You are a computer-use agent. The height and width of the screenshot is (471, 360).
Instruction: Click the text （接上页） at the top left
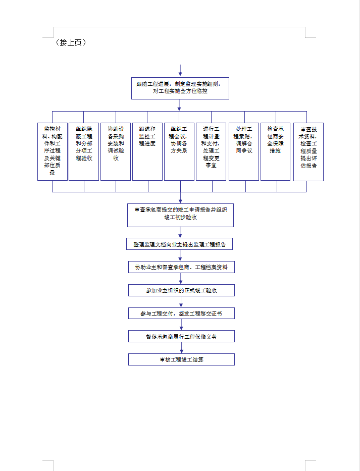click(x=71, y=43)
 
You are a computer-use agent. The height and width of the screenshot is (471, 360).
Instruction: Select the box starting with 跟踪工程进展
click(x=180, y=88)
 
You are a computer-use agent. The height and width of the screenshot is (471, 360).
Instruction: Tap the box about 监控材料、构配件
click(x=52, y=151)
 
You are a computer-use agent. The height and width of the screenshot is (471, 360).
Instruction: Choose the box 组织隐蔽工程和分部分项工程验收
click(x=84, y=151)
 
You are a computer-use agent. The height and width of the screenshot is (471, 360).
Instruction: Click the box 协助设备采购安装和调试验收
click(x=116, y=151)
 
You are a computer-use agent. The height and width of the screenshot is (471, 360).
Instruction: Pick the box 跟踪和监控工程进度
click(x=147, y=151)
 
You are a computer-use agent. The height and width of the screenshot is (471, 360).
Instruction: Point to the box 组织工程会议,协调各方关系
click(x=179, y=151)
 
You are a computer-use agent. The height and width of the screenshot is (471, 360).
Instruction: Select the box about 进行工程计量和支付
click(x=211, y=151)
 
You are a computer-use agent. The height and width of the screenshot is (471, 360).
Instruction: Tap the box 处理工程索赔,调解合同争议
click(x=244, y=151)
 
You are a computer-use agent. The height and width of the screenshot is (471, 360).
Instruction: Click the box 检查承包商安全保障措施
click(x=275, y=151)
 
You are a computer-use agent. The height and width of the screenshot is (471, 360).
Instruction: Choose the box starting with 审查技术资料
click(x=308, y=151)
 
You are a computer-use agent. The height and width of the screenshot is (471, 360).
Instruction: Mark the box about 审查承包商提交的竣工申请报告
click(x=180, y=214)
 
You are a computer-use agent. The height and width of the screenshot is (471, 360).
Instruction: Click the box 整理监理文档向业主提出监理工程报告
click(x=180, y=244)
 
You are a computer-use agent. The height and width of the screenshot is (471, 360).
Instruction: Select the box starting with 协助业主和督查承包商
click(x=181, y=267)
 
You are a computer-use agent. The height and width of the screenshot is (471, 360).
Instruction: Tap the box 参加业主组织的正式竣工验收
click(x=181, y=290)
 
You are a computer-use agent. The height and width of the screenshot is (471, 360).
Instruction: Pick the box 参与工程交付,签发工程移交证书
click(x=181, y=313)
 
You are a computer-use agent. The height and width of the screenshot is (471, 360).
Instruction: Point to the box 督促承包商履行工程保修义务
click(x=181, y=336)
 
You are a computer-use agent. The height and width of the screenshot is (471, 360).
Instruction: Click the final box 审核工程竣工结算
click(x=181, y=359)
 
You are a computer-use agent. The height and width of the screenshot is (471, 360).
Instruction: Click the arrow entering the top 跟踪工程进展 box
click(x=180, y=71)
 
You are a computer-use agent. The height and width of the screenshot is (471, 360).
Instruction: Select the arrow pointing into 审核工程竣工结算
click(x=181, y=348)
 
